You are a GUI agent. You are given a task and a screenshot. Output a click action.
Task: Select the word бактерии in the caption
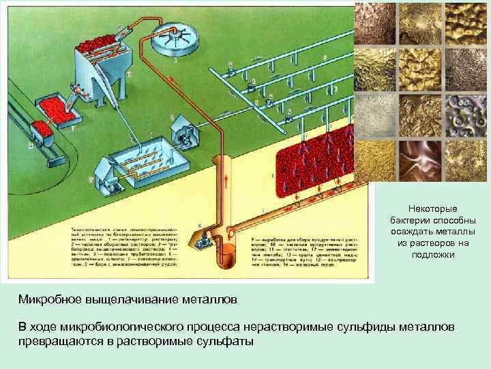tap(407, 220)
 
